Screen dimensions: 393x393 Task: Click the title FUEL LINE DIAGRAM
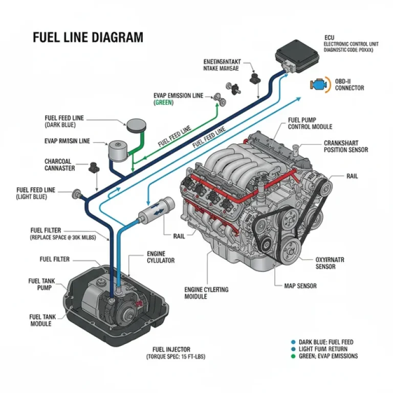[x=88, y=38]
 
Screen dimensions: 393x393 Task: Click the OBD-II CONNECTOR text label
[x=350, y=84]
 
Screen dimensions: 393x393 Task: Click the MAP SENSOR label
[x=300, y=286]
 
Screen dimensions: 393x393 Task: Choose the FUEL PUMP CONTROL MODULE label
[x=310, y=123]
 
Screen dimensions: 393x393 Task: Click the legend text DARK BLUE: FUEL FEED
[x=326, y=342]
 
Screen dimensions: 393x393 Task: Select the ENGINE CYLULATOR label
[x=161, y=257]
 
